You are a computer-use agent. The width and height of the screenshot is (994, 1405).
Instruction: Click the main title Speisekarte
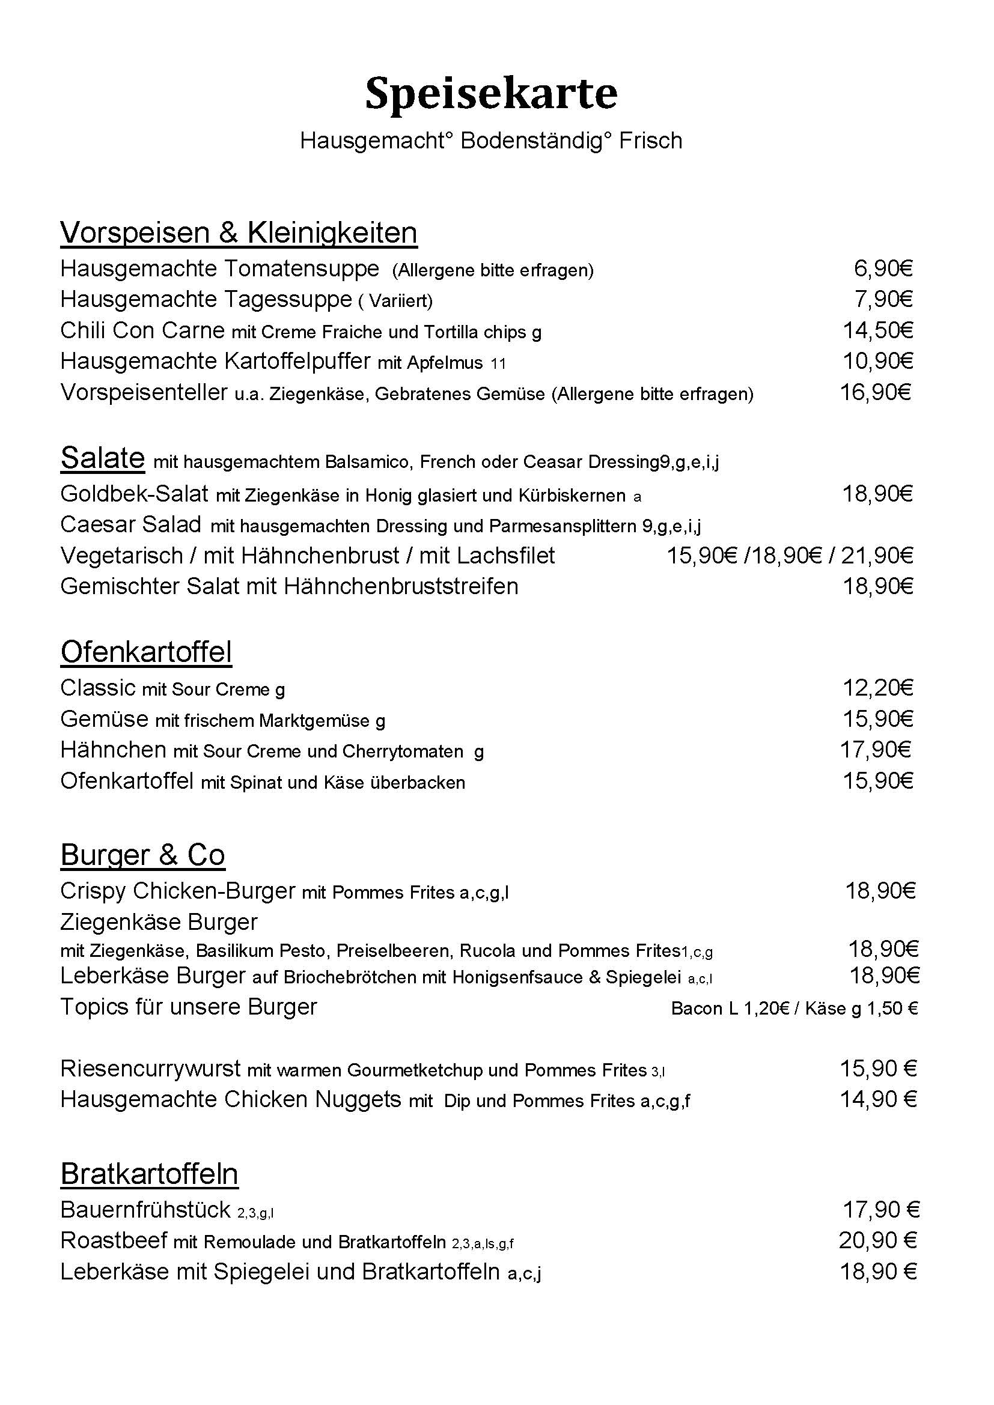click(491, 95)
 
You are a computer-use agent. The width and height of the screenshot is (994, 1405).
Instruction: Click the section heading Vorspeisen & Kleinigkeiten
click(239, 233)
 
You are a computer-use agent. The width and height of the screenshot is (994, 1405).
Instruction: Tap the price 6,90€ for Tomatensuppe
click(883, 269)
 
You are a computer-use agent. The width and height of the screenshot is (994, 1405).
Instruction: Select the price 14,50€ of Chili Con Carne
click(877, 330)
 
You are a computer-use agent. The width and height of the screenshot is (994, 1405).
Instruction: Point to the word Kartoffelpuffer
click(297, 362)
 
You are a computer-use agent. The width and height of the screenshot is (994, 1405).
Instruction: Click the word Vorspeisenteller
click(144, 392)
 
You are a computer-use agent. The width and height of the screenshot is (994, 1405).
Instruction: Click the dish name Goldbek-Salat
click(134, 494)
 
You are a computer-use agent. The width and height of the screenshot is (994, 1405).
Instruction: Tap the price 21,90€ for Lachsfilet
click(877, 556)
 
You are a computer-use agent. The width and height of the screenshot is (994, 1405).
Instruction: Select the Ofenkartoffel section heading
click(146, 652)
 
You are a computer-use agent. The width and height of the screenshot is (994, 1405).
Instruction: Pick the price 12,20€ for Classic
click(877, 688)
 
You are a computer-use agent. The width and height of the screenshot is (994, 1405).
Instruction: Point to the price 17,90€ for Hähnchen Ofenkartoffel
click(875, 749)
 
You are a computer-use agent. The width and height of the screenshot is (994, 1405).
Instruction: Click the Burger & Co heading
click(142, 855)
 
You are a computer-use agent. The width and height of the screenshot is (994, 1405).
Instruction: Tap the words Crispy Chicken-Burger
click(177, 891)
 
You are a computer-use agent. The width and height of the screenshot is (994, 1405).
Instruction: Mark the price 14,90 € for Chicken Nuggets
click(877, 1100)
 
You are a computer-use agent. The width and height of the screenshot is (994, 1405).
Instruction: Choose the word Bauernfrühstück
click(145, 1210)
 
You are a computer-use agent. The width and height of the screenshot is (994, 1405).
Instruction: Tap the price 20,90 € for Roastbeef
click(877, 1240)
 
